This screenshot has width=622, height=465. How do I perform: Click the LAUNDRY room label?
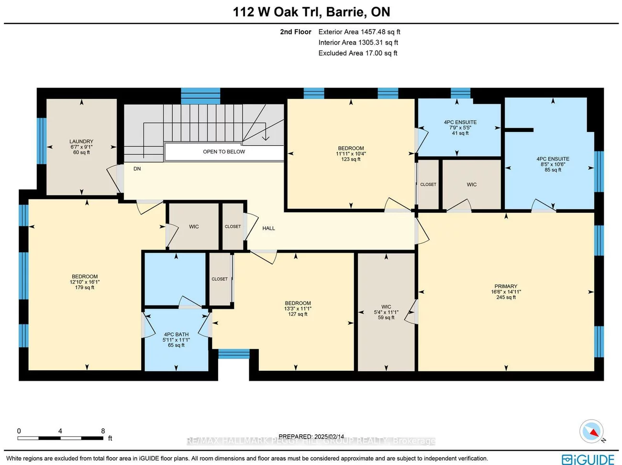(x=81, y=141)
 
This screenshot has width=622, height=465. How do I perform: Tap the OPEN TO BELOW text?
(x=223, y=151)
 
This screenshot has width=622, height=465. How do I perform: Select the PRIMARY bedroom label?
(x=506, y=286)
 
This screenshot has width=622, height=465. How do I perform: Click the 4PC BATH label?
(x=176, y=335)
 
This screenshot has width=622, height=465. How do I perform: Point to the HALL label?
(x=268, y=228)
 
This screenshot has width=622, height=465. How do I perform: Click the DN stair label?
(x=137, y=169)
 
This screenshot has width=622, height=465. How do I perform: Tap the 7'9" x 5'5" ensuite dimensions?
(x=460, y=128)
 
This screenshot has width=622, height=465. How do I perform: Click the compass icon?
(x=591, y=432)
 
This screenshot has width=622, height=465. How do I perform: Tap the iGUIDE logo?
(x=588, y=459)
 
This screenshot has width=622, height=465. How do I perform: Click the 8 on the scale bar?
(x=103, y=431)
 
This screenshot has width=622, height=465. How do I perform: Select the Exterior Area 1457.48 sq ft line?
(x=359, y=32)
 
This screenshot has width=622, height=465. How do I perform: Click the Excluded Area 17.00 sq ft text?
(x=358, y=53)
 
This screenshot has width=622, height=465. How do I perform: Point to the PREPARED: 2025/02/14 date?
(x=311, y=436)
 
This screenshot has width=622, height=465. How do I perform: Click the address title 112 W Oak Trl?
(x=311, y=12)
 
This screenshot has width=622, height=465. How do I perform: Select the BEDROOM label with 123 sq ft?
(x=351, y=148)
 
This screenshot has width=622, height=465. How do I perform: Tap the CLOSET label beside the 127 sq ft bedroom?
(x=220, y=279)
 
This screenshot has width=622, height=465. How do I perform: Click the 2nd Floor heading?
(x=296, y=32)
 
